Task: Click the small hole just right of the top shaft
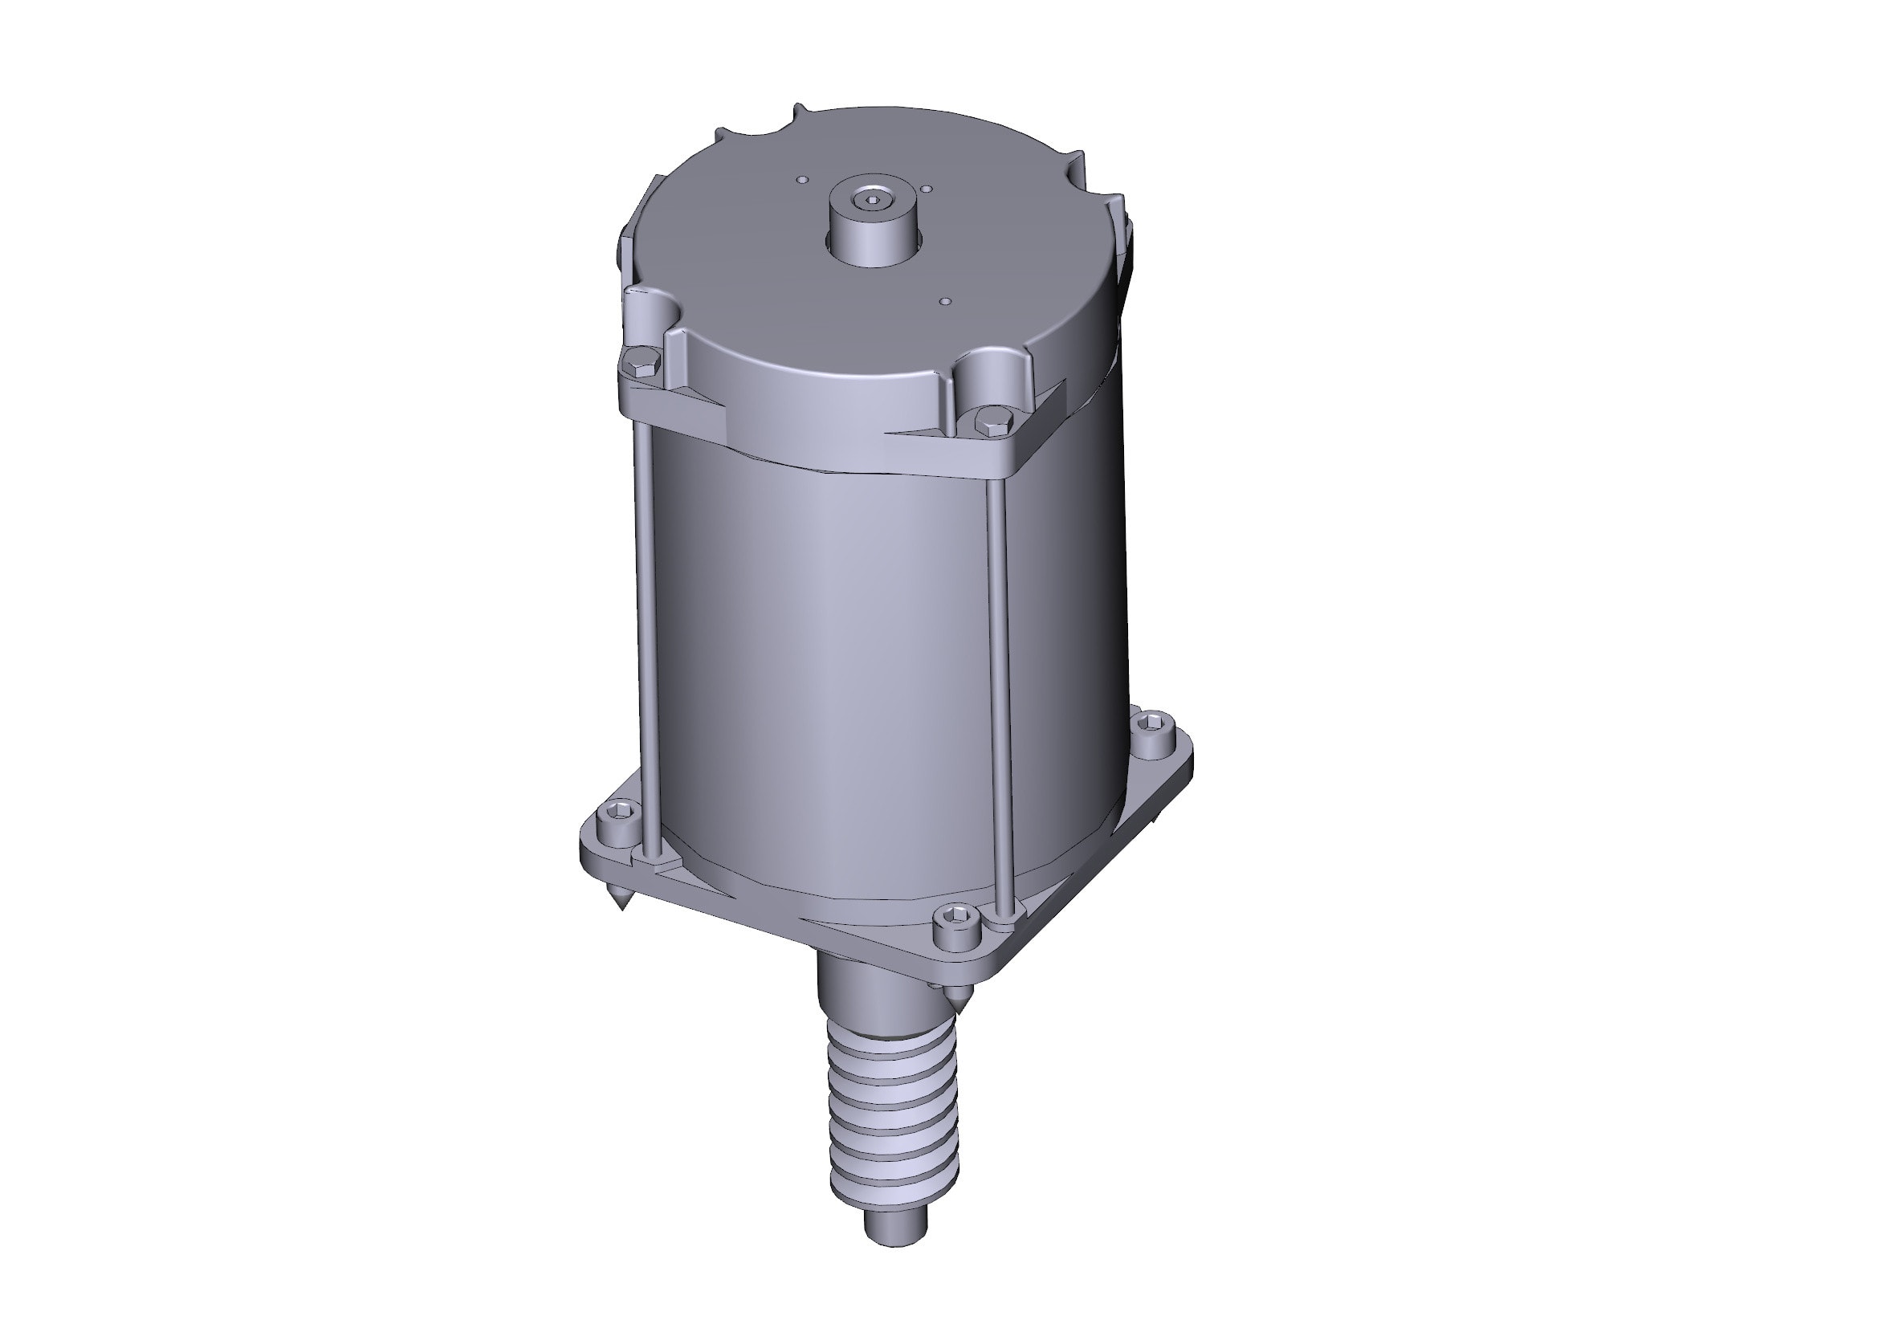point(926,189)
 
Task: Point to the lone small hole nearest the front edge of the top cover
point(946,301)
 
